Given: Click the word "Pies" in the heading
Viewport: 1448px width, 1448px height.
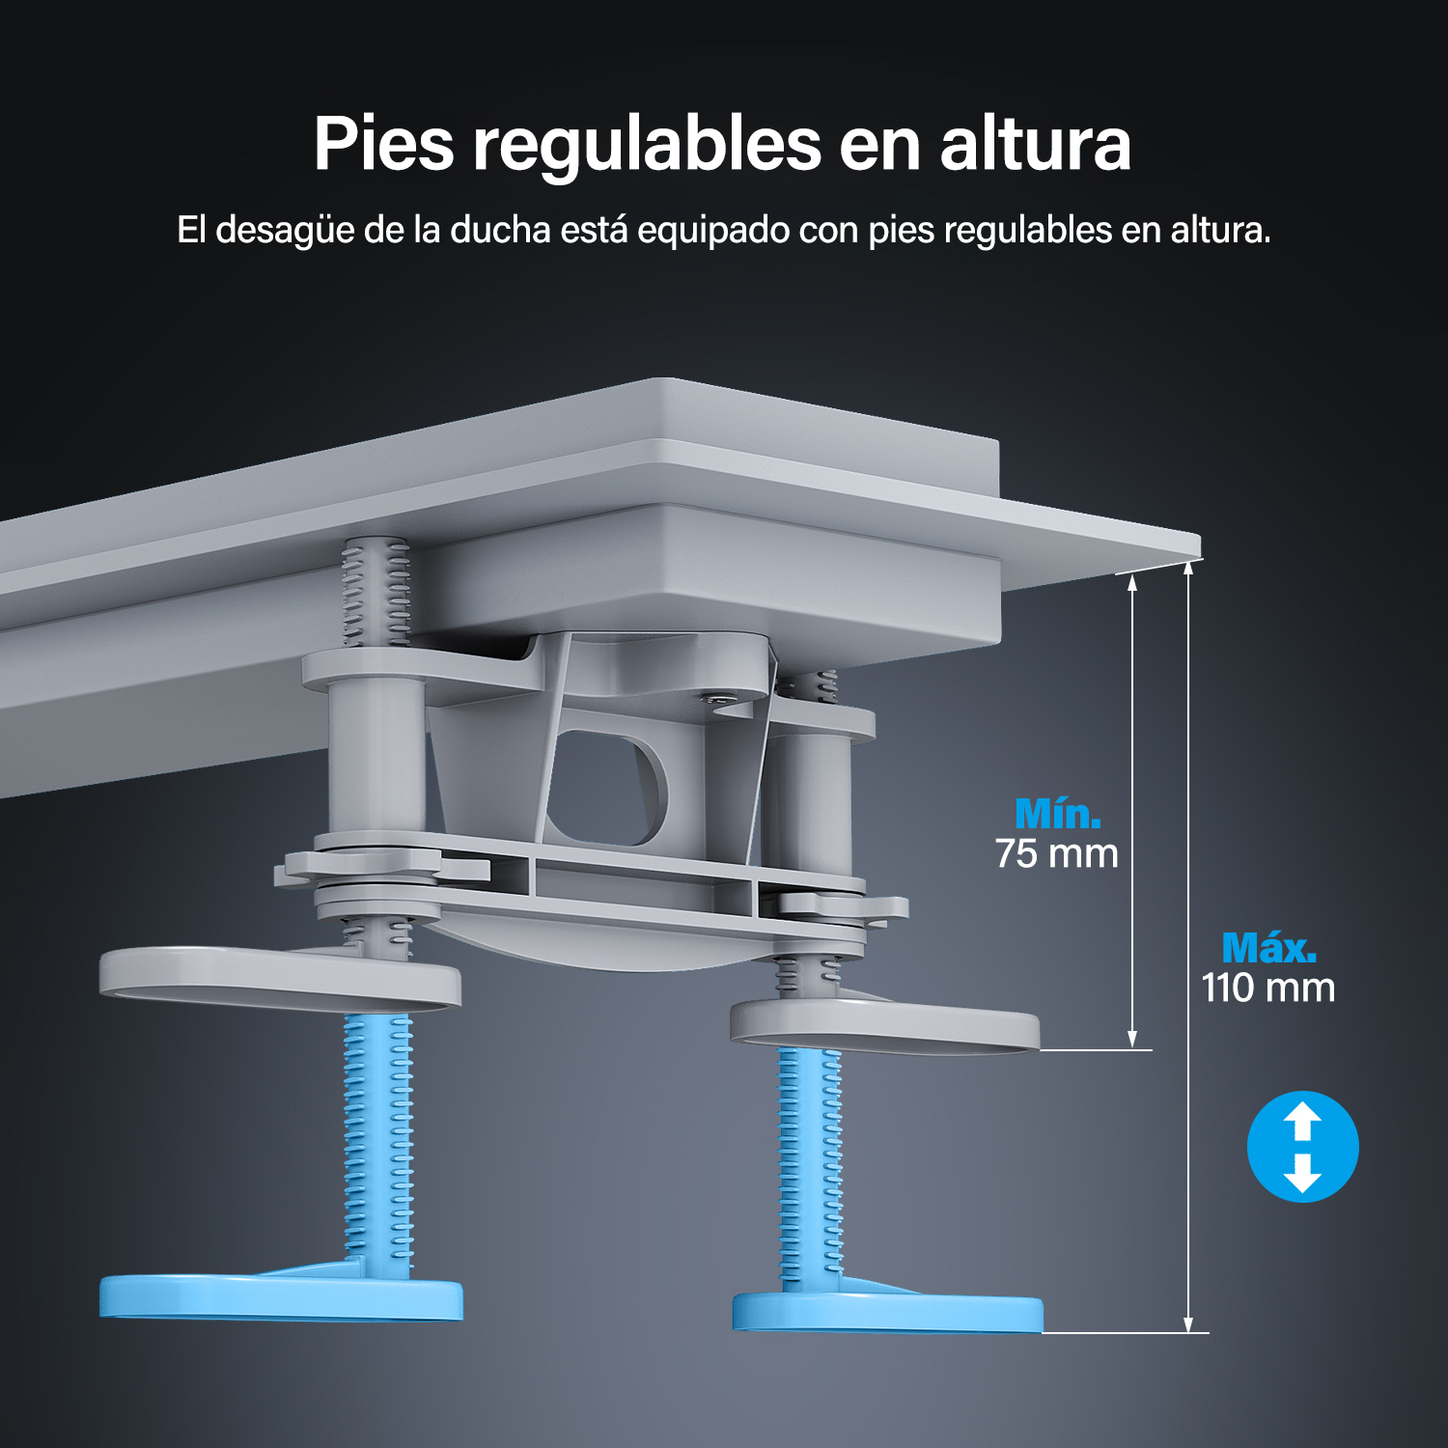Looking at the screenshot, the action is (383, 144).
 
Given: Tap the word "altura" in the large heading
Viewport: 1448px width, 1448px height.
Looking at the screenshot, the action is (1035, 144).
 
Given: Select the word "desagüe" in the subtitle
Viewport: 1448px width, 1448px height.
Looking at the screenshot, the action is (285, 232).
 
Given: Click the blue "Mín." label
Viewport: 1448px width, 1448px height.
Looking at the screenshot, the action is (1058, 813).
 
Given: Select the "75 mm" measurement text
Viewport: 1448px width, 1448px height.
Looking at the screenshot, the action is (1056, 853).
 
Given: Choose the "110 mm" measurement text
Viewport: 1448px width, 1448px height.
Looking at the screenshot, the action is (1268, 988).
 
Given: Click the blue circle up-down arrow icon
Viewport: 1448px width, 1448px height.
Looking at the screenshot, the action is (1302, 1147).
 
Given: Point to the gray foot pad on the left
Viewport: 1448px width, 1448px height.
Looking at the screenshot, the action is (280, 977).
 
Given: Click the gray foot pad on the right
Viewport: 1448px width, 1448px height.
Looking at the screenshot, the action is (885, 1025).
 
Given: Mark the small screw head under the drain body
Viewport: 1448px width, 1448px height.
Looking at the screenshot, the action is (716, 696).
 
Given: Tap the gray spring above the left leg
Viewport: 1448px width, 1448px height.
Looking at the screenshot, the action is (376, 593).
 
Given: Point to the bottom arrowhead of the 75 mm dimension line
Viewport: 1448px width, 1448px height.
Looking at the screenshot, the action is (1133, 1040).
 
